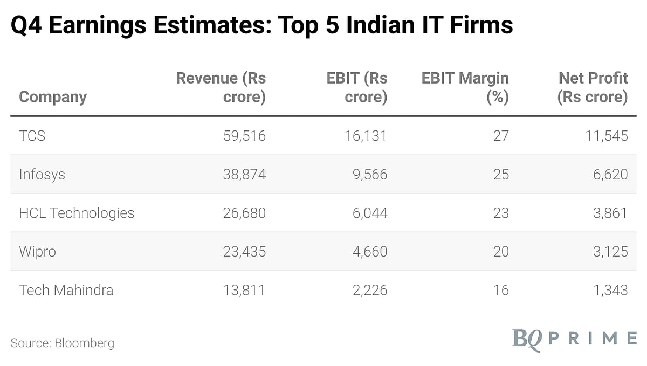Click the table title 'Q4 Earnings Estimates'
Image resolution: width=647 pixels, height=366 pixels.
(x=262, y=25)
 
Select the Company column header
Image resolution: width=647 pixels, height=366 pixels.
(x=53, y=97)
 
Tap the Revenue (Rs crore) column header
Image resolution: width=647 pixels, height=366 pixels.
(x=221, y=87)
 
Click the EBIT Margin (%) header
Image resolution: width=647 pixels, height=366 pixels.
(x=465, y=87)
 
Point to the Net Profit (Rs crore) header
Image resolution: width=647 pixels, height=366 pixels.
(x=593, y=87)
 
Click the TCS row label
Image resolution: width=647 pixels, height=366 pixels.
(x=32, y=136)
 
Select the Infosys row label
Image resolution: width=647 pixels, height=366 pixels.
(x=42, y=175)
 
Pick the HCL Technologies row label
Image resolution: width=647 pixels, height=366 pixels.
(x=77, y=213)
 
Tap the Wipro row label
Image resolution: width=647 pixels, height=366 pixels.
(x=37, y=252)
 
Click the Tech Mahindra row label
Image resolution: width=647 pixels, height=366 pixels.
(x=66, y=290)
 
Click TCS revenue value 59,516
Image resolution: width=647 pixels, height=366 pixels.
(x=244, y=136)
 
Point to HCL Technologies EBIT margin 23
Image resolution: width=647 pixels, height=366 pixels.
(x=500, y=213)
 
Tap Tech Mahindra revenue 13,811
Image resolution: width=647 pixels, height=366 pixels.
(x=244, y=290)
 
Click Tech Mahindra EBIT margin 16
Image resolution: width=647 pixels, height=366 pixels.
(x=500, y=290)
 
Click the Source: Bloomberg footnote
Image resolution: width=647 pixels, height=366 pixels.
(x=63, y=343)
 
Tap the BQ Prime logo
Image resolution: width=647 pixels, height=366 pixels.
(x=574, y=340)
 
